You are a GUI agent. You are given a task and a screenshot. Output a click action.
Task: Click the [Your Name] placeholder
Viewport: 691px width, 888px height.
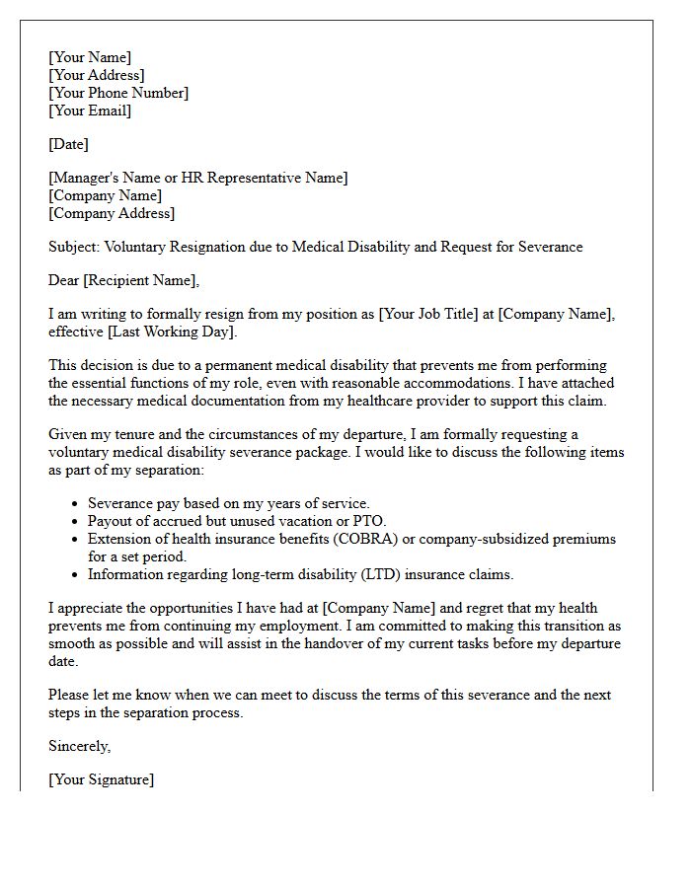90,57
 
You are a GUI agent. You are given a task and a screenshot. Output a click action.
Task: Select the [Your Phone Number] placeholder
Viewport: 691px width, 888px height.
118,93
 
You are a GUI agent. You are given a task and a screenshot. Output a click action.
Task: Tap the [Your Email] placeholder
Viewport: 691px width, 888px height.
90,111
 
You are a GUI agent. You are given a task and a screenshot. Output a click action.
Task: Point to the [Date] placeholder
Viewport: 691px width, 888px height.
68,144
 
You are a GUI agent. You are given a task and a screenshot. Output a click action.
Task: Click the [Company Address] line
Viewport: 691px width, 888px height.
112,213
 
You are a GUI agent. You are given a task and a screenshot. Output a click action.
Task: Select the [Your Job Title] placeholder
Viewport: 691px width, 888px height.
435,314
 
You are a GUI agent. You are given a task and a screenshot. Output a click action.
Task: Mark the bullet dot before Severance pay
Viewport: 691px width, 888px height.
76,504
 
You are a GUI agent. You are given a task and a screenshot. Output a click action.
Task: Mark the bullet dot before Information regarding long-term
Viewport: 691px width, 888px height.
76,574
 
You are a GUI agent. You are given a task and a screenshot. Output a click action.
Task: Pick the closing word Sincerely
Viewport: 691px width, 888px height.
79,746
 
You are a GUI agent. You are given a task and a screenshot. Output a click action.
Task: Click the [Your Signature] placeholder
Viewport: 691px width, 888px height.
101,779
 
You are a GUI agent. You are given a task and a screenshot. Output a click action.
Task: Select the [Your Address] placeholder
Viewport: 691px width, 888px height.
97,75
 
